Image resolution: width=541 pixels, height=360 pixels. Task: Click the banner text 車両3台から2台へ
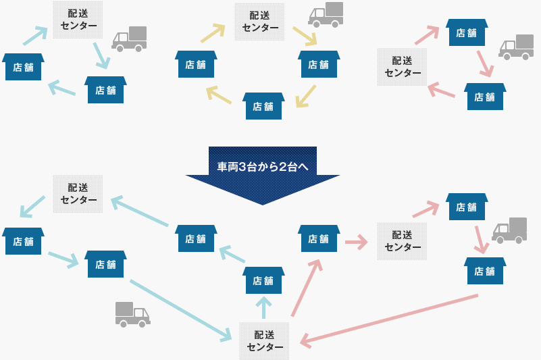263,166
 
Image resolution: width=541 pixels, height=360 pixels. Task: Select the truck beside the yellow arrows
326,15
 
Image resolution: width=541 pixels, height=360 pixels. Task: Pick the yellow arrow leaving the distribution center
305,36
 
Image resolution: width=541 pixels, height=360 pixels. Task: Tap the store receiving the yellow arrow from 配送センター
318,64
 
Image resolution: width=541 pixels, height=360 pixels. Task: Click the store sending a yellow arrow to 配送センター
196,64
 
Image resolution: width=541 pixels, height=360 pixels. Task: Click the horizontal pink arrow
355,240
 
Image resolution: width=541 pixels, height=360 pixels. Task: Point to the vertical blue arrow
263,307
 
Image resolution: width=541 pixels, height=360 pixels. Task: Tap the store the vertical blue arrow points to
263,280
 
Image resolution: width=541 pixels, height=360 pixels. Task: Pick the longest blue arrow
182,309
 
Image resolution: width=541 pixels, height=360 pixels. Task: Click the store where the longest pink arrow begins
484,271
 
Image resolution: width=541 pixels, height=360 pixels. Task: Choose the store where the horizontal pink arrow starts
318,238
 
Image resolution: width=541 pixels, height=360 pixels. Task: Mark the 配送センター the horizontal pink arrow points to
403,240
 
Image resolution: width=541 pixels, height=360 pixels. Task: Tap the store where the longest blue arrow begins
105,263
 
